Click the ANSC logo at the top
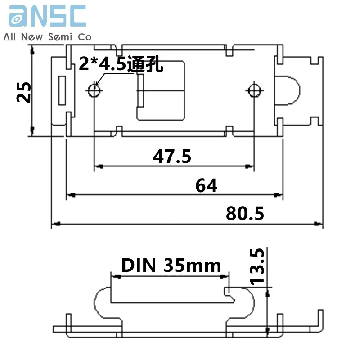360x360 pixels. point(47,16)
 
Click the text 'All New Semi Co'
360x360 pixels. point(47,37)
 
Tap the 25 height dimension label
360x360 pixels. point(23,92)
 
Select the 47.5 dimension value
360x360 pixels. point(172,156)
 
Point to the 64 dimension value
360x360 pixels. point(207,185)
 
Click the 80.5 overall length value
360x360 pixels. point(245,214)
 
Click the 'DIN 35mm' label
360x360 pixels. point(171,265)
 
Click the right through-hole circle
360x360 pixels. point(255,91)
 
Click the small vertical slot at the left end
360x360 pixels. point(62,91)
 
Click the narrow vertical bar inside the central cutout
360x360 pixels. point(140,91)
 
